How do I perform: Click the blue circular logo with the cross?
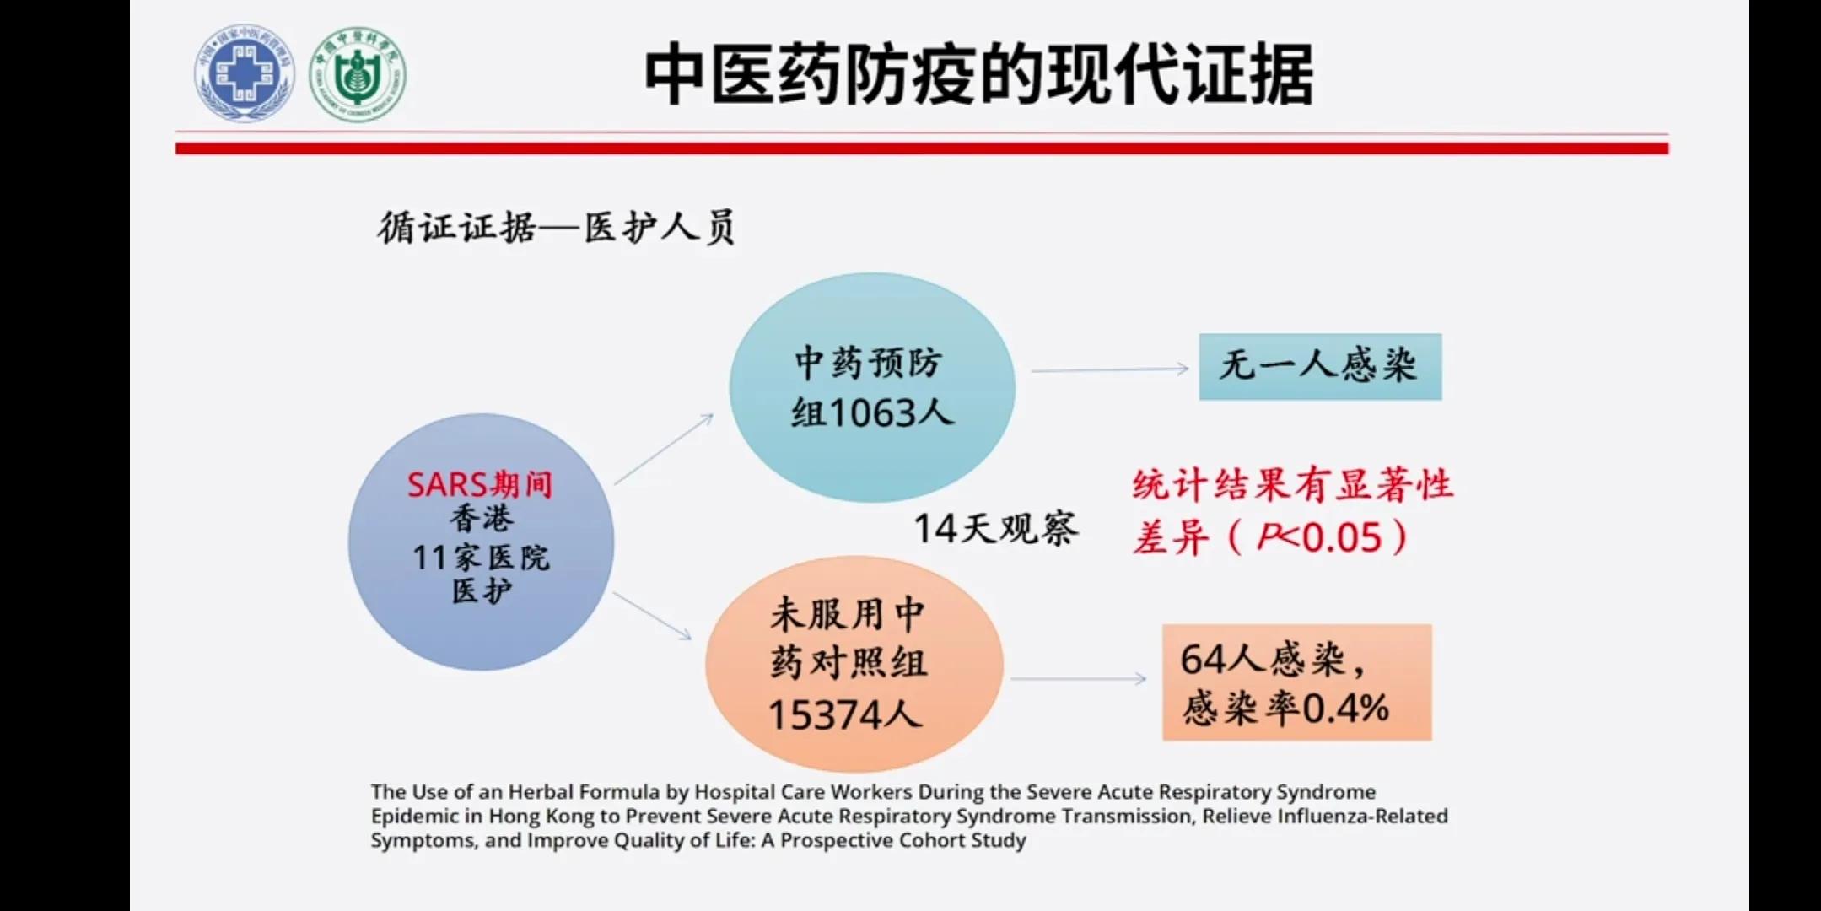pos(245,73)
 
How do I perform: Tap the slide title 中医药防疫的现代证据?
pos(978,76)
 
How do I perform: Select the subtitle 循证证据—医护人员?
pos(556,228)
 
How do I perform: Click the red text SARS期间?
pos(480,484)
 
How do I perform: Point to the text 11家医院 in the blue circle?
pos(481,558)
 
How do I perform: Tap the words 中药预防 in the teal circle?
pos(869,363)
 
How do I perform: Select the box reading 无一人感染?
pos(1320,366)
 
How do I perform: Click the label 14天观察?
pos(995,529)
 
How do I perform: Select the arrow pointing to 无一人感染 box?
pos(1109,369)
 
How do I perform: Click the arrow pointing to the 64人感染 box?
pos(1078,678)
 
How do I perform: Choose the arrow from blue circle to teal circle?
pos(664,449)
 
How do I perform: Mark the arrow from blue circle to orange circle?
pos(652,615)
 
